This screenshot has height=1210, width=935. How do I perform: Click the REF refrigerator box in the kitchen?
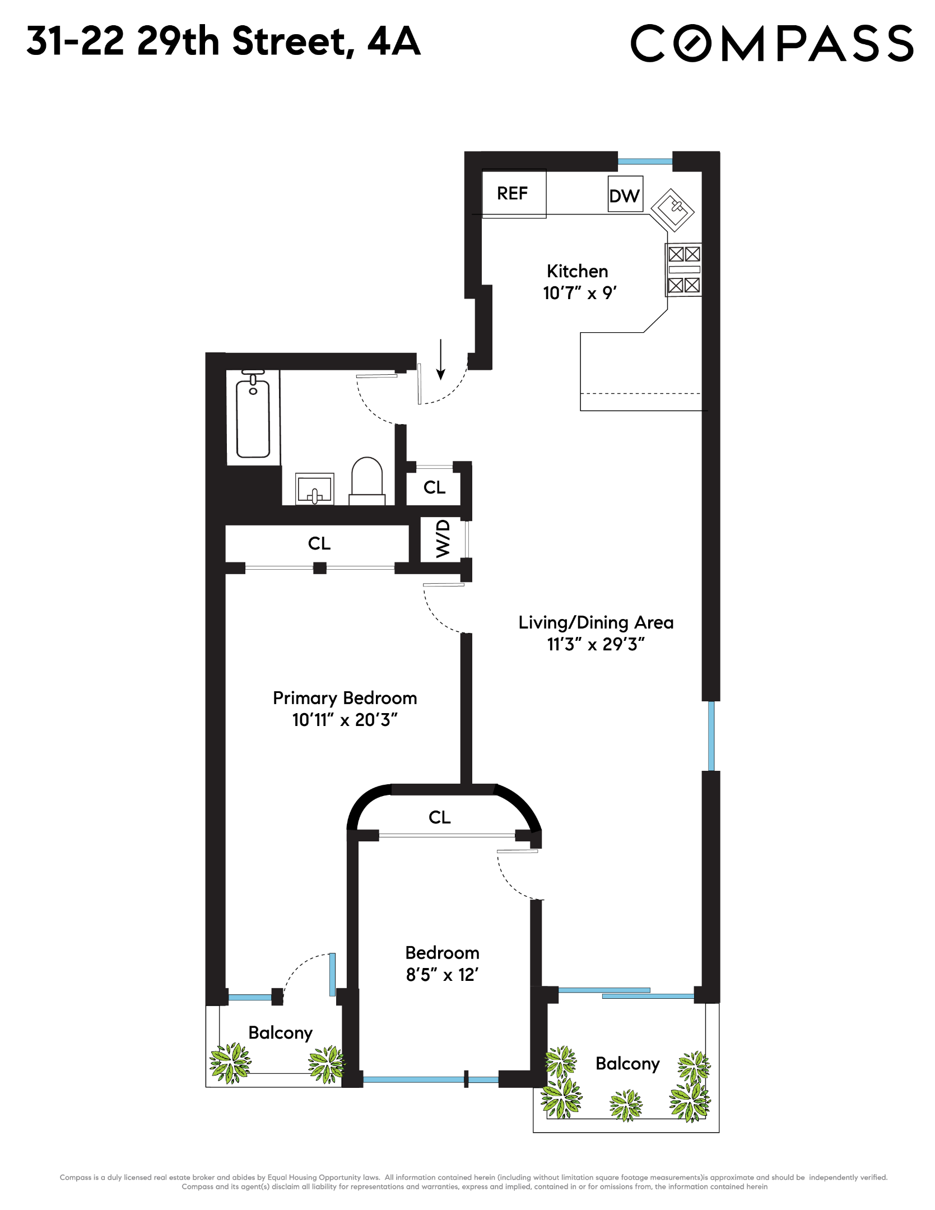513,194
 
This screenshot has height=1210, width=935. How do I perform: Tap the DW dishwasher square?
625,195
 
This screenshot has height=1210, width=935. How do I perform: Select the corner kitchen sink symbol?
673,210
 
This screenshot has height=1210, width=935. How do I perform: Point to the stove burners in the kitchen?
683,270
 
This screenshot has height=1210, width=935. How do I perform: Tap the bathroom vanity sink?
315,489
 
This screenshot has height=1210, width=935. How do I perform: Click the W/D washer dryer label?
443,538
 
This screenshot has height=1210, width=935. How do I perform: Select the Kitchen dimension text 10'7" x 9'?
579,293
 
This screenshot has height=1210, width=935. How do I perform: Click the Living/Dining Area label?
596,622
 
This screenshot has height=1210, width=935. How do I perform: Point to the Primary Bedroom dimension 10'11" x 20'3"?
345,720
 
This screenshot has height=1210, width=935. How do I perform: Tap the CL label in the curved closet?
439,817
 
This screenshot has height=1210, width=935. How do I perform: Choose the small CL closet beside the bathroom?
434,487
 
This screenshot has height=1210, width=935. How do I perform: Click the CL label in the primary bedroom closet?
319,543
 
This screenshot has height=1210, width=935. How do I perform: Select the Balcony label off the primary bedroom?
280,1032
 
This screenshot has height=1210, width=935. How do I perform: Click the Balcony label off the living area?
627,1063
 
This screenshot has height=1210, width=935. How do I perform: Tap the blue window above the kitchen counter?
645,161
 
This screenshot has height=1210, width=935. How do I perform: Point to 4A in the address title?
393,41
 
